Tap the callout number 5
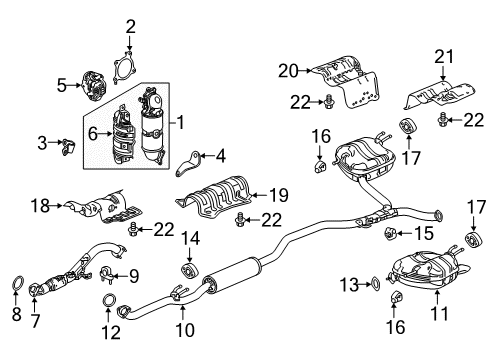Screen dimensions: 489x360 [x=62, y=85]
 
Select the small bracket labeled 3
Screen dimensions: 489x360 [x=68, y=147]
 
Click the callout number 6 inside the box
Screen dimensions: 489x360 [x=93, y=134]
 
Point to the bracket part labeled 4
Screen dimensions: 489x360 [x=188, y=164]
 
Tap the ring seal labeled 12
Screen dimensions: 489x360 [x=109, y=300]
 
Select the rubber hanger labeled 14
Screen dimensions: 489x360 [x=189, y=270]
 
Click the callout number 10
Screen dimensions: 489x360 [x=185, y=330]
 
